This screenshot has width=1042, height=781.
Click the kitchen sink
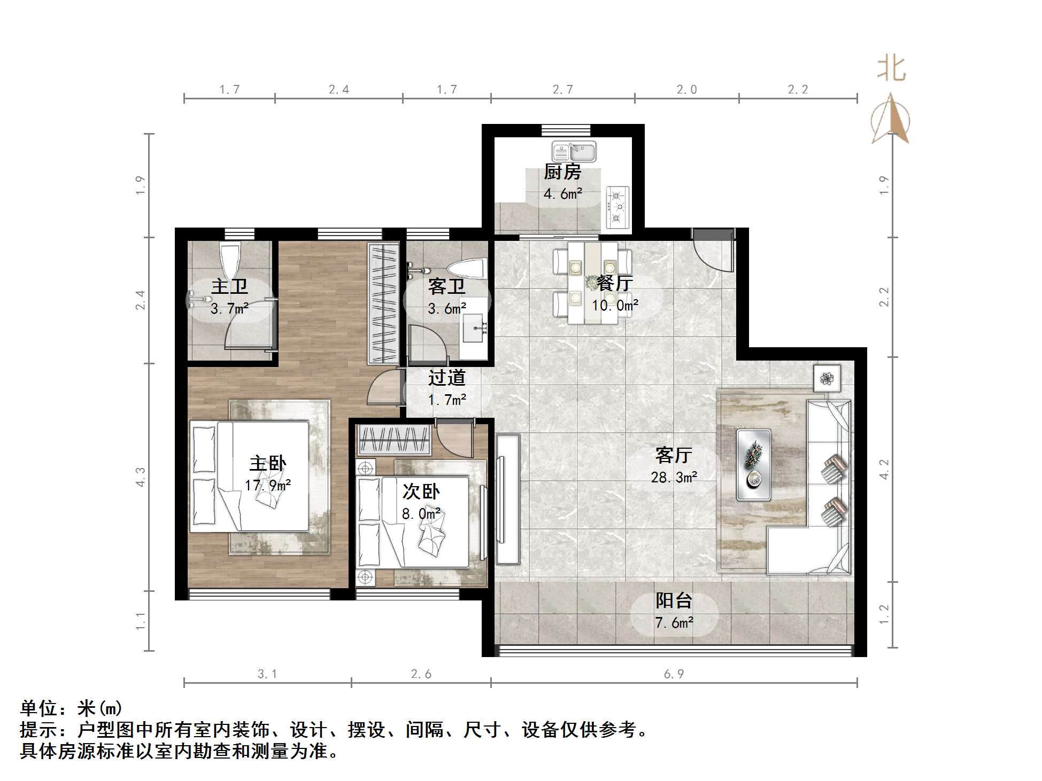pos(574,152)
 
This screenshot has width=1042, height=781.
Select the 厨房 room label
pos(562,172)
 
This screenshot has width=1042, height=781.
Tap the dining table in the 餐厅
pos(592,283)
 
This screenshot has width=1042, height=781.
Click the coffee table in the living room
pos(754,465)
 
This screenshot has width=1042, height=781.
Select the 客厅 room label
pos(674,456)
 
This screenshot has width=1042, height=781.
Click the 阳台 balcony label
pos(674,601)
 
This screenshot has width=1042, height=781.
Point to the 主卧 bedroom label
pos(268,463)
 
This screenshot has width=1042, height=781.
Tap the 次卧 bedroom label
pos(421,491)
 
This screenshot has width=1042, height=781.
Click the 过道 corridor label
pos(446,378)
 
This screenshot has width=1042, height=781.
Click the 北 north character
pos(891,69)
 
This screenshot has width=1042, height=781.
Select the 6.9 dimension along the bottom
pos(674,674)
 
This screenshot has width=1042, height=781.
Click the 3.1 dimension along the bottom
pos(267,674)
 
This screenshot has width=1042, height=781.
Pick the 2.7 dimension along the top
pos(563,90)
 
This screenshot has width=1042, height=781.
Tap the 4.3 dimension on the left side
pos(140,477)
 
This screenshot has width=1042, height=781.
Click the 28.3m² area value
pos(674,477)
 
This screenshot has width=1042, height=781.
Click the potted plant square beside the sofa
pos(827,379)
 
